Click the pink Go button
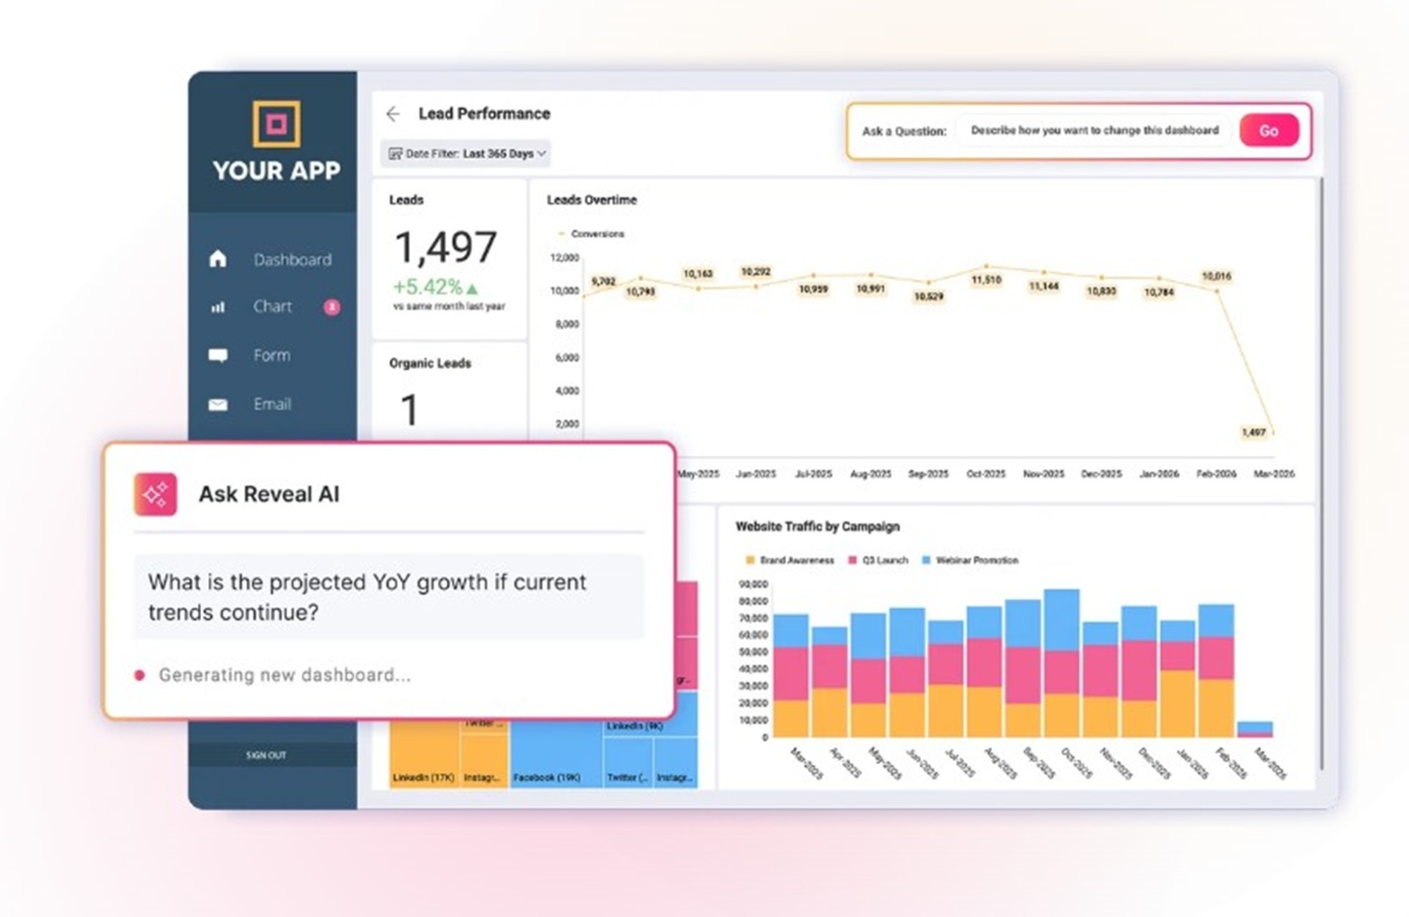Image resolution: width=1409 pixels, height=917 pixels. (1269, 131)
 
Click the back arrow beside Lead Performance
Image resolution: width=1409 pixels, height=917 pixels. (394, 114)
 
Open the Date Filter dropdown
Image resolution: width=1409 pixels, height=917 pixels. (467, 154)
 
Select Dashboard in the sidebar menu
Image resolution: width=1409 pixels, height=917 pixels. (292, 260)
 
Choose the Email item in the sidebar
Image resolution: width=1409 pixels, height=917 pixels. (272, 403)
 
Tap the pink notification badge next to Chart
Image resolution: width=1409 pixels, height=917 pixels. (331, 307)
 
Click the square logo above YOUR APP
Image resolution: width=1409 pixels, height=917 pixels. (276, 123)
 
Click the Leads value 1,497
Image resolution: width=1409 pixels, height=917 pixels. (446, 248)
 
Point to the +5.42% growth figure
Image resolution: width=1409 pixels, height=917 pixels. (428, 287)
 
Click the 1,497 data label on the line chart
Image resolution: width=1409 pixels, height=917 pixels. (1253, 432)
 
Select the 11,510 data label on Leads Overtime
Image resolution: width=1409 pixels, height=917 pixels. (986, 280)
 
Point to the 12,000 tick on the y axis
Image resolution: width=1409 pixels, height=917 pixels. (564, 258)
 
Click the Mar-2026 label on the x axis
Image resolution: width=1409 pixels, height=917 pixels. (1273, 474)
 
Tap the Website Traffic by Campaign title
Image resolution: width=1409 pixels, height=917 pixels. (817, 526)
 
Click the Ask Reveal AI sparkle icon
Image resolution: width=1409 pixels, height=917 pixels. (155, 494)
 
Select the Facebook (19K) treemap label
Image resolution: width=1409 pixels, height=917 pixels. (547, 778)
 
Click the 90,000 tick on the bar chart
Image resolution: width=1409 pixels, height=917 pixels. (752, 584)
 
